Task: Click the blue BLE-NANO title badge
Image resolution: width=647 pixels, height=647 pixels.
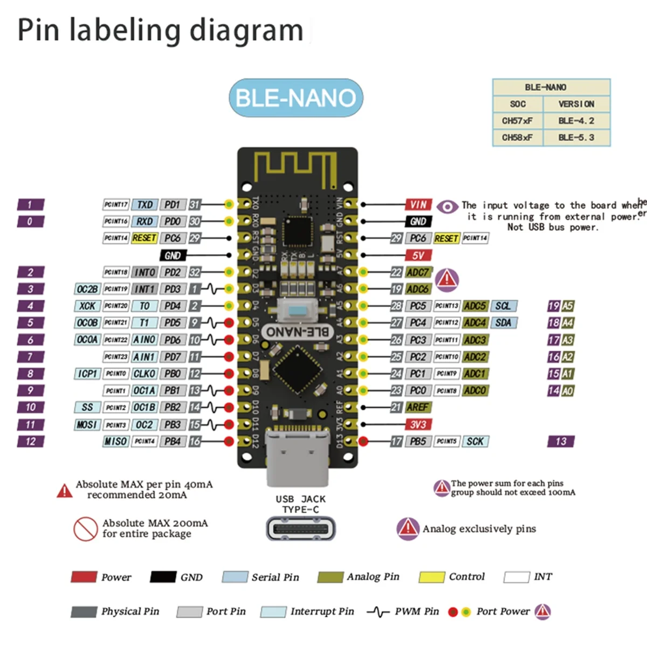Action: click(296, 98)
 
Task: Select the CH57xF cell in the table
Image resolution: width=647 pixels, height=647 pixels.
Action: click(518, 121)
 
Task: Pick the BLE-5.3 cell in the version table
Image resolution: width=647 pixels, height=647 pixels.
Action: click(576, 137)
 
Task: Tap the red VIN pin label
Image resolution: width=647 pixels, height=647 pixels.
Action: click(418, 204)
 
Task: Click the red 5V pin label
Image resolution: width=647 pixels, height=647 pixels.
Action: click(418, 256)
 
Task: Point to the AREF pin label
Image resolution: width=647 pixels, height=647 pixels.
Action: click(418, 408)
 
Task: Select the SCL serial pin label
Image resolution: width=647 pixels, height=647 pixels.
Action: click(503, 306)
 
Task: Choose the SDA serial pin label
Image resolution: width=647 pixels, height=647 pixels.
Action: click(503, 323)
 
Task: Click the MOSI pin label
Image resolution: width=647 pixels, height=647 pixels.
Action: click(87, 425)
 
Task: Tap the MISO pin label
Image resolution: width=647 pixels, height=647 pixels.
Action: click(115, 442)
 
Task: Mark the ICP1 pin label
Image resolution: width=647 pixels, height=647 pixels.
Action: click(87, 374)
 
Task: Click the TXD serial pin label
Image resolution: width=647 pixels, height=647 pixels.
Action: click(144, 205)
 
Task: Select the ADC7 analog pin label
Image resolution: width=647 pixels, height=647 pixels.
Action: click(418, 272)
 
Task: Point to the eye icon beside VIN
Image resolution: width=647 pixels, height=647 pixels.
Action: click(447, 207)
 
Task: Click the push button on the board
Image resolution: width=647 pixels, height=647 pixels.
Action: click(297, 311)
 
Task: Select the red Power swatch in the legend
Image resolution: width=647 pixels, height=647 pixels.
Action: click(84, 577)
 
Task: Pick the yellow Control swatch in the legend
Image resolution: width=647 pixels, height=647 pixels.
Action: click(432, 577)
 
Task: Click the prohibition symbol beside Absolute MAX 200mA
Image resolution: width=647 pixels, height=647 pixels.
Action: click(86, 529)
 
